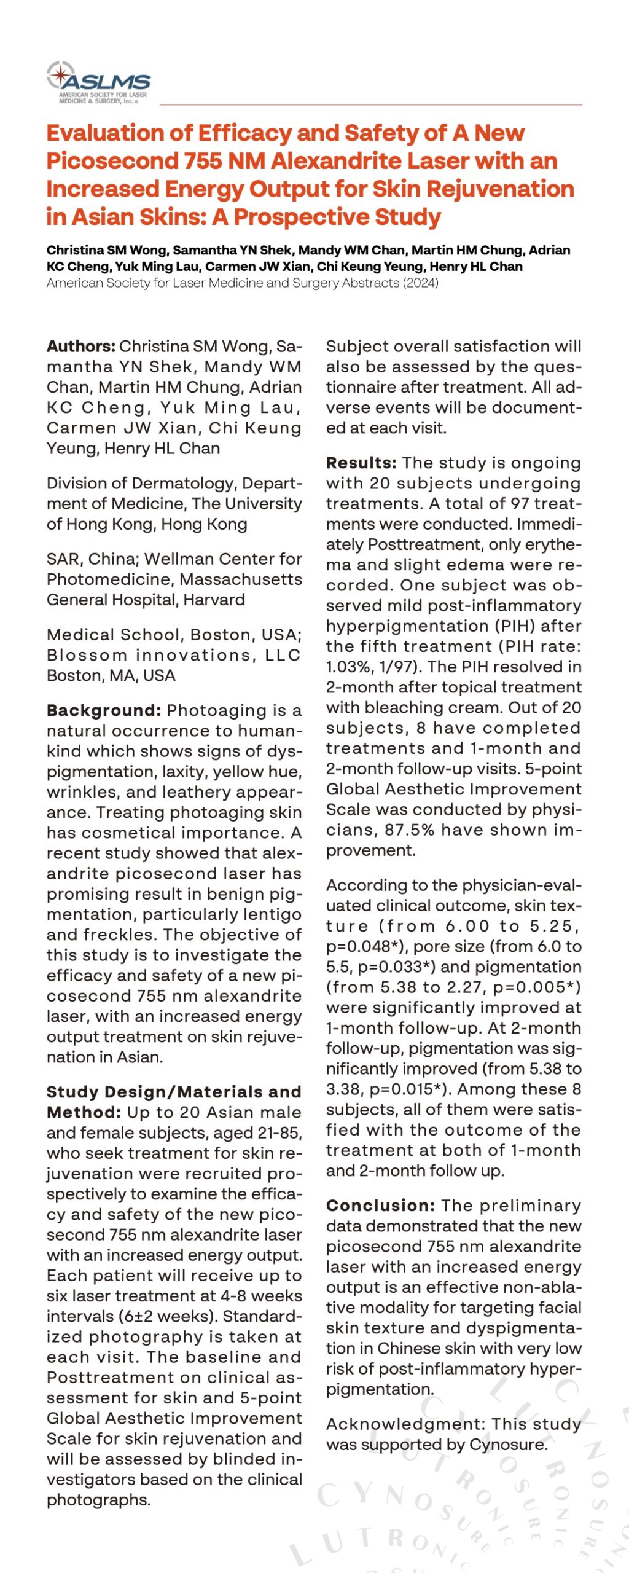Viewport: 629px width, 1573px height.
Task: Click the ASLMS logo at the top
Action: (x=98, y=82)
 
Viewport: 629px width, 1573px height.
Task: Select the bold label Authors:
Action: (x=80, y=347)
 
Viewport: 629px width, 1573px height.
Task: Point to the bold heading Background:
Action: (x=104, y=710)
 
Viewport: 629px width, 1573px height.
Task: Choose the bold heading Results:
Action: (x=361, y=463)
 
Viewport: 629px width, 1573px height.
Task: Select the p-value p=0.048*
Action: (x=359, y=946)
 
